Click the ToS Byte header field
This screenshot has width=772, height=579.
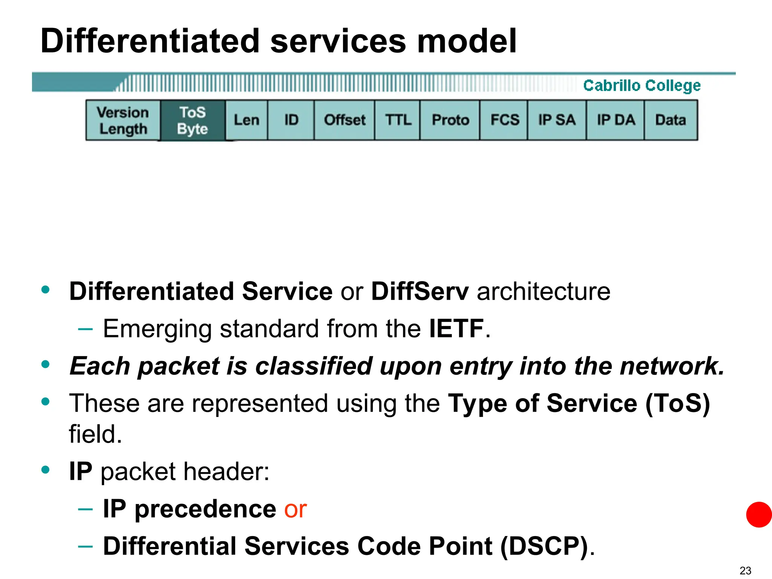pos(193,120)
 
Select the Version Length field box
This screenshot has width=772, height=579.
pos(123,120)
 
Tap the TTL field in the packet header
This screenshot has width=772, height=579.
pos(398,120)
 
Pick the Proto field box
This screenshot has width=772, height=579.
pos(450,120)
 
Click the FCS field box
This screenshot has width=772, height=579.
pos(504,120)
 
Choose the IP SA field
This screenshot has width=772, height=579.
pos(557,120)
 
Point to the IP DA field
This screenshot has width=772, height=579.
pos(616,120)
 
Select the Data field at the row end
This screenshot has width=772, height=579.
pos(671,120)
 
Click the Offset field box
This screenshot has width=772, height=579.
pos(345,120)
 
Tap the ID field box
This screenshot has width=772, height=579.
pos(291,120)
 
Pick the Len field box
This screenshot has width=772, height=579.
pos(247,120)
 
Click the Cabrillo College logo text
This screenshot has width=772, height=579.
pos(642,86)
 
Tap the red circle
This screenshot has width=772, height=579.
pos(759,515)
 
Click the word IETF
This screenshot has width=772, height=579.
pos(456,328)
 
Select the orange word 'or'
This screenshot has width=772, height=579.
pos(295,509)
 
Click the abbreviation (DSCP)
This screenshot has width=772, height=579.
pos(544,546)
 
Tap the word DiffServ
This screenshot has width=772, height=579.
pos(420,291)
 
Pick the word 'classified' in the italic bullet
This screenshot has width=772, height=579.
pos(314,366)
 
